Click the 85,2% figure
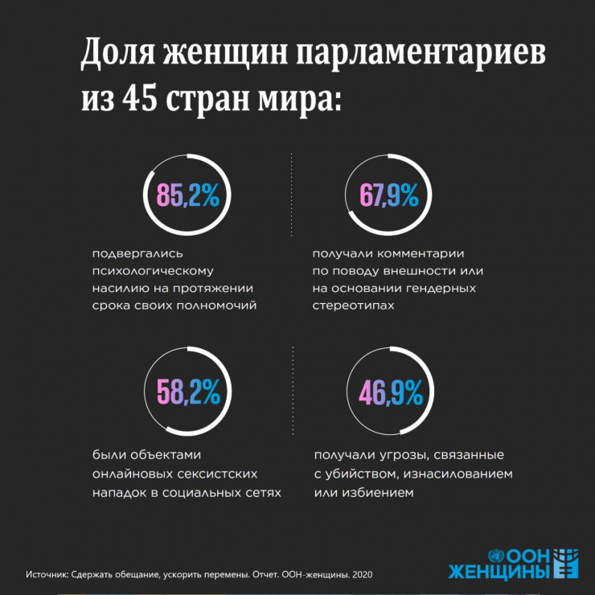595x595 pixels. tap(187, 195)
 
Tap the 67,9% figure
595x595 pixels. tap(388, 195)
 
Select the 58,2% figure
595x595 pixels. tap(188, 392)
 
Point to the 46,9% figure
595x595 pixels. tap(390, 392)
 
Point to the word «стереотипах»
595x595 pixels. tap(355, 306)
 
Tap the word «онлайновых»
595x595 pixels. tap(132, 474)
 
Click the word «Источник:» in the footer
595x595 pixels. tap(47, 575)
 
